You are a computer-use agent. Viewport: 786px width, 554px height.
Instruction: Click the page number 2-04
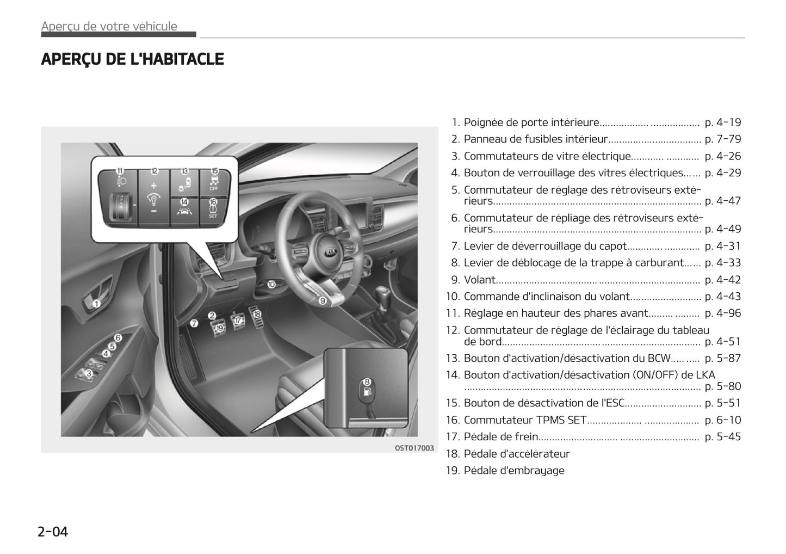click(x=53, y=531)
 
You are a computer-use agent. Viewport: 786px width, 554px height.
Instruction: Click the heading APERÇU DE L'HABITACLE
click(x=132, y=59)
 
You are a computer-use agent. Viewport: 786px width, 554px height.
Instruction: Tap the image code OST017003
click(x=414, y=448)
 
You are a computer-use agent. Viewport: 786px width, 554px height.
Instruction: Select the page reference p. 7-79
click(x=722, y=139)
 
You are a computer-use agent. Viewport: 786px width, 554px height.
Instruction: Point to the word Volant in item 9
click(x=479, y=280)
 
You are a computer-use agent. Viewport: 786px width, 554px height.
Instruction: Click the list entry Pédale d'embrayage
click(x=513, y=470)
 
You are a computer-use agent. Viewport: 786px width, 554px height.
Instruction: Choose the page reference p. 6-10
click(x=722, y=420)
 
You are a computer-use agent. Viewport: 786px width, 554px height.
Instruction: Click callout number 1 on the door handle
click(x=96, y=304)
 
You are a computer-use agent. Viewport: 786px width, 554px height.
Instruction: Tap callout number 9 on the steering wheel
click(x=322, y=300)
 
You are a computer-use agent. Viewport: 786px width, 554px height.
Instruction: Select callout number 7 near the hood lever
click(x=194, y=323)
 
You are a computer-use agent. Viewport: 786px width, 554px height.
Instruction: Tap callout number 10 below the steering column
click(x=271, y=284)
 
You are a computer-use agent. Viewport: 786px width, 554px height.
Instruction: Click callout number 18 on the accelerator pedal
click(x=257, y=314)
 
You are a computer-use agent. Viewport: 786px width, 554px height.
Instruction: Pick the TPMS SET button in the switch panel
click(x=213, y=210)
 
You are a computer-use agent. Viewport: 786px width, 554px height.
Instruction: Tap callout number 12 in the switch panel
click(x=154, y=170)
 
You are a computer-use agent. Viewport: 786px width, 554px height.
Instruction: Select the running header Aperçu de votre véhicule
click(x=109, y=26)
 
